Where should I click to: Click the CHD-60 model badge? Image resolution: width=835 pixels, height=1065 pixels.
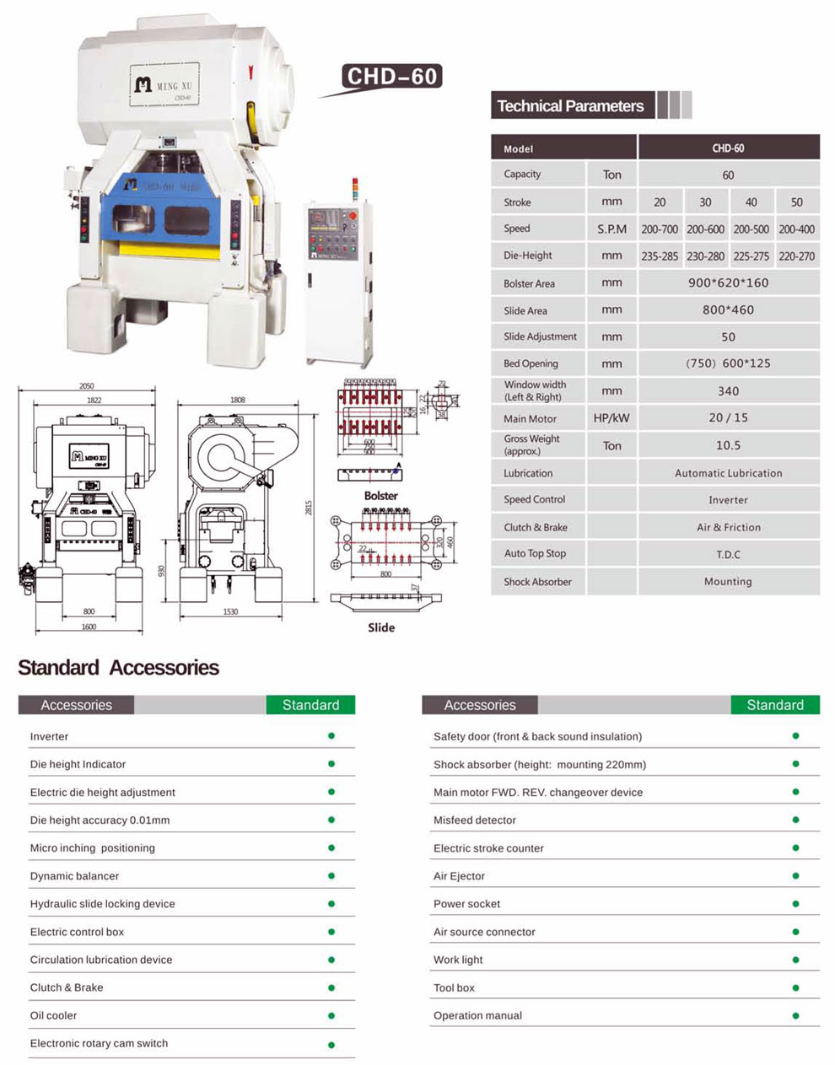point(392,77)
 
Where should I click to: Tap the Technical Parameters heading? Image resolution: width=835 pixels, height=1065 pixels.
point(570,106)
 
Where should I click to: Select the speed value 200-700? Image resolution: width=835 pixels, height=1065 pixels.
point(660,229)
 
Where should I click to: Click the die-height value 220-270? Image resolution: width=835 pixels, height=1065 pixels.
point(797,256)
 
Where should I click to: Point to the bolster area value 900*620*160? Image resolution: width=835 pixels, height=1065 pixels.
point(728,283)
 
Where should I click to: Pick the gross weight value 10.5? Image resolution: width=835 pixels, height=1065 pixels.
point(728,445)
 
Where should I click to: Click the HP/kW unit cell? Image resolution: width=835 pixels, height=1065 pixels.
point(611,418)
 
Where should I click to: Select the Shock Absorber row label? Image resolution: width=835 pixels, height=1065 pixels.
point(537,582)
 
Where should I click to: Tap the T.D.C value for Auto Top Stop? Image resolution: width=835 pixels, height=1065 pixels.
point(728,555)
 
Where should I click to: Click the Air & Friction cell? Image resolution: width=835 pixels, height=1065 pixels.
point(728,528)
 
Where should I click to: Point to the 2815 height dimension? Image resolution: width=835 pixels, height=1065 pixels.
point(309,508)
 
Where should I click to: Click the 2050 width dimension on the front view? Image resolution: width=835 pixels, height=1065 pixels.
point(87,387)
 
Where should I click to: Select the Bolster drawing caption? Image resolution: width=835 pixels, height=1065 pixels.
point(381,496)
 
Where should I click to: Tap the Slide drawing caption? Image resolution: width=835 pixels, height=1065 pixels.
point(381,627)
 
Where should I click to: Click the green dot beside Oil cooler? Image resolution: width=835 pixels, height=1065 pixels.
point(331,1015)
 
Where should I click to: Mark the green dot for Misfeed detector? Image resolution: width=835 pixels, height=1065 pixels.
point(795,820)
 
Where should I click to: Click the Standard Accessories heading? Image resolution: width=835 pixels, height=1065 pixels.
point(118,668)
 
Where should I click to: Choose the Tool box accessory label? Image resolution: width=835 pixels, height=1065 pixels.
point(454,987)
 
